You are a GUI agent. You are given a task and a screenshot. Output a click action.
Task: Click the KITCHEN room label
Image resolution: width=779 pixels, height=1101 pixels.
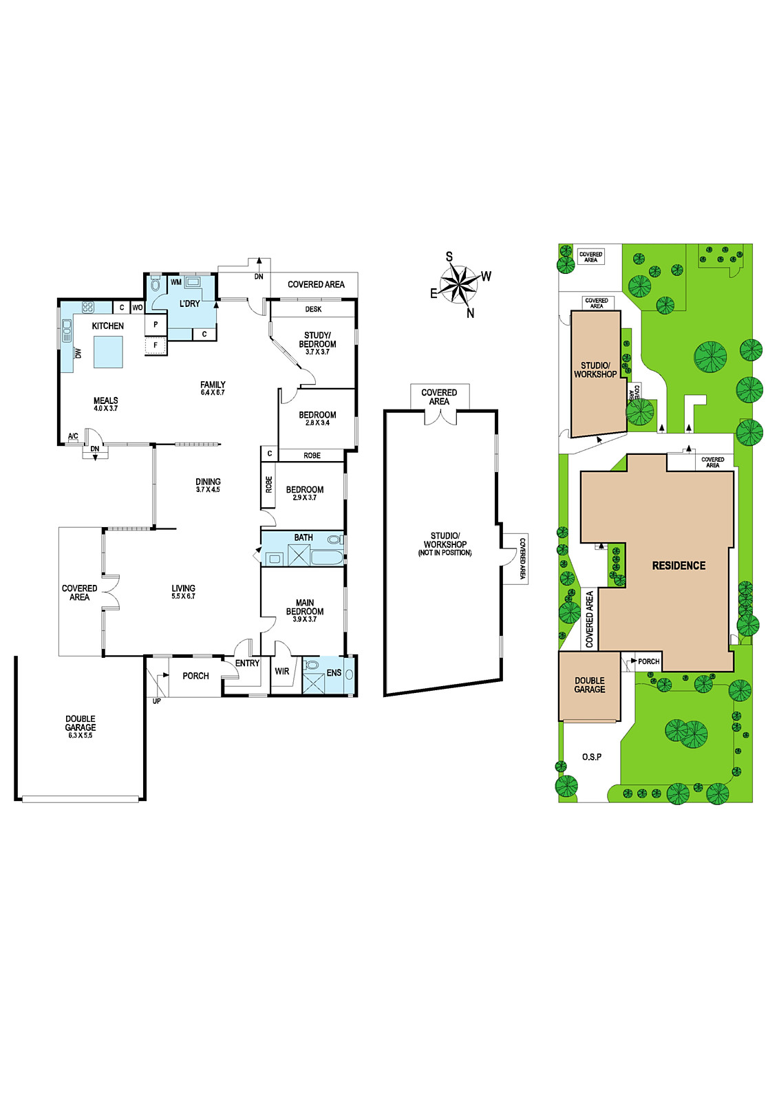tap(107, 326)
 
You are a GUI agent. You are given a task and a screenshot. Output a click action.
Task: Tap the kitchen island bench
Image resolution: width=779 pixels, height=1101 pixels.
tap(108, 352)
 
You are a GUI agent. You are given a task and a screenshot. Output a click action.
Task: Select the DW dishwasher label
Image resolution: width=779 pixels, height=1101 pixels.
tap(78, 353)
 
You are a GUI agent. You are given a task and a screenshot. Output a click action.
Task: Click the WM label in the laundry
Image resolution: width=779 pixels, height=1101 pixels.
tap(176, 282)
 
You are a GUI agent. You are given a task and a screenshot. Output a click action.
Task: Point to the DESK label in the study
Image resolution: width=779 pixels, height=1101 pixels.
tap(313, 309)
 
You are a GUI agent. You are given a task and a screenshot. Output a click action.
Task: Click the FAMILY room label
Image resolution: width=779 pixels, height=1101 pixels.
tap(213, 385)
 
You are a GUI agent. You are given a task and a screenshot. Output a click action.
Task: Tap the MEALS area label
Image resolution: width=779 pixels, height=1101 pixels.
tap(106, 400)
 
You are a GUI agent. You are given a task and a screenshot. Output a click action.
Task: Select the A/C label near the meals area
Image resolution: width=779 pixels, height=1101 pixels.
tap(73, 436)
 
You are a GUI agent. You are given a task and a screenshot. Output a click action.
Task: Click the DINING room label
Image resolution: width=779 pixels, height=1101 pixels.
tap(208, 482)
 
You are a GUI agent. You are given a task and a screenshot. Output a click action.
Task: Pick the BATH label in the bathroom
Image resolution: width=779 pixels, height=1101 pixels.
tap(303, 537)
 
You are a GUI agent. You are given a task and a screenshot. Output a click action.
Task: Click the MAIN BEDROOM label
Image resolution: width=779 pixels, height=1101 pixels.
tap(305, 607)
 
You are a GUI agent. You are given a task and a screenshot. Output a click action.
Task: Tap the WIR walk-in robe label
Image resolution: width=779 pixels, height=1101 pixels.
tap(281, 671)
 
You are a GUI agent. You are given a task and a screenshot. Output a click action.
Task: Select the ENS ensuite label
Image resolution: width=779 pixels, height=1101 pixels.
tap(334, 672)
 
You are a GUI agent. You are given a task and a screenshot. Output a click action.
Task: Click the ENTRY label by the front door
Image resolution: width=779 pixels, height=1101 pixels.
tap(247, 663)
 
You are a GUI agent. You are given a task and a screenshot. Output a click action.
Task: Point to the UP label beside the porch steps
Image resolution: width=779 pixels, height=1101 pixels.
tap(156, 701)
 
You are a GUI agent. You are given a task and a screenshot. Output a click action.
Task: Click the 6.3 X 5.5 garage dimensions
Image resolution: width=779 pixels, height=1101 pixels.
tap(81, 736)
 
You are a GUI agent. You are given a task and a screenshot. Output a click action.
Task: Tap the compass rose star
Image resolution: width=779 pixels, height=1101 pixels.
tap(458, 284)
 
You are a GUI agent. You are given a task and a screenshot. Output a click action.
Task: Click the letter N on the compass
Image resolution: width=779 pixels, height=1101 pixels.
tap(470, 313)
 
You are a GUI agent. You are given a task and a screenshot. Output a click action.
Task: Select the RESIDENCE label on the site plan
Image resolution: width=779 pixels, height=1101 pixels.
tap(679, 566)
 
